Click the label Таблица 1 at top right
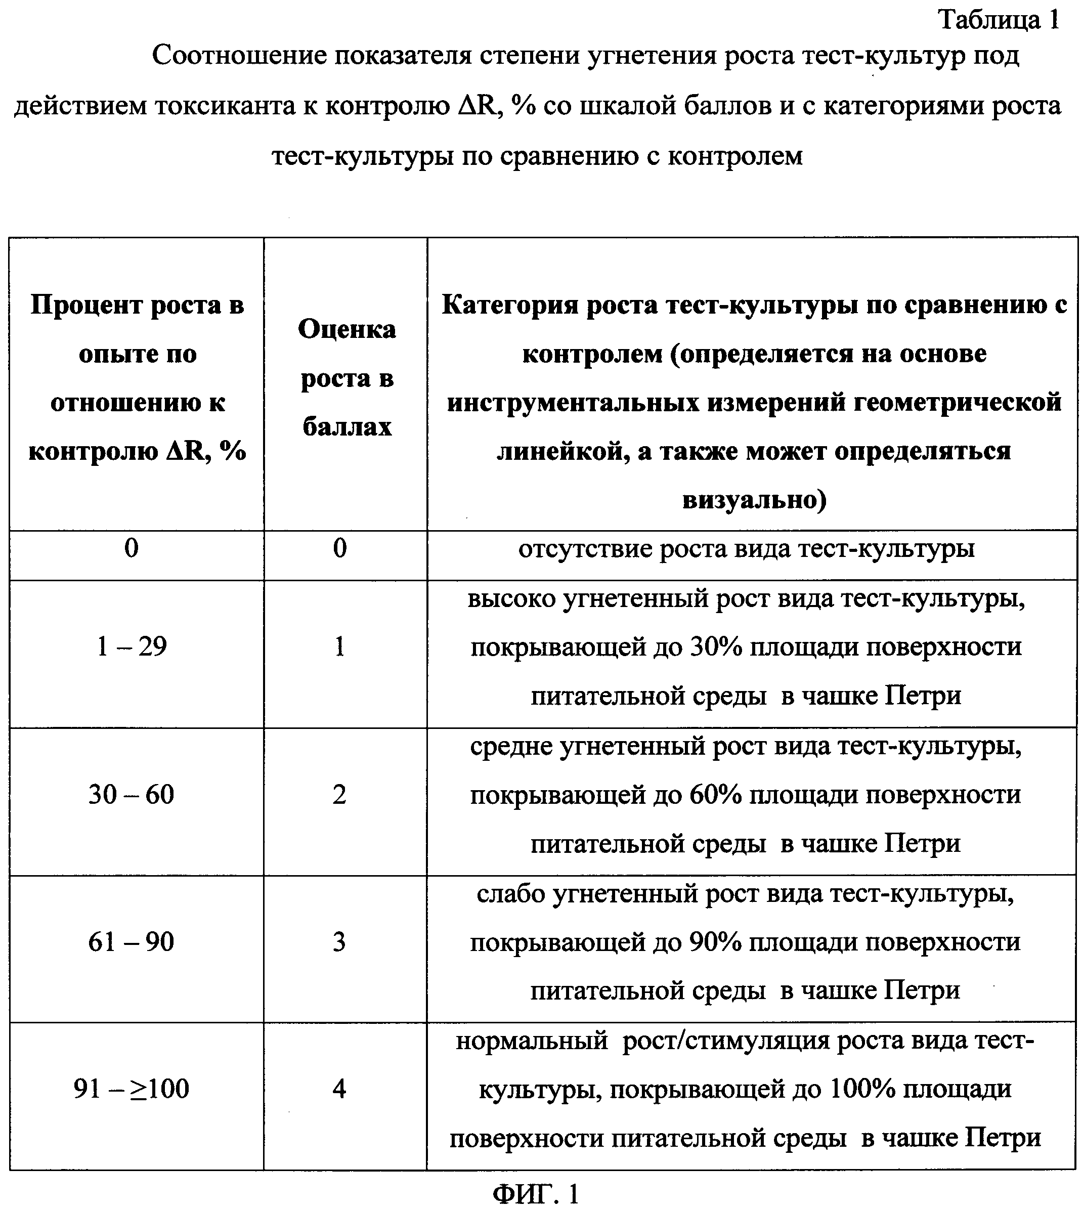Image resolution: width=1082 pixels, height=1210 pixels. (x=999, y=20)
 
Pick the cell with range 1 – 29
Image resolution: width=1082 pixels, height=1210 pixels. (x=132, y=646)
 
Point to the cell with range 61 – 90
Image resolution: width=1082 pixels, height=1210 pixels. (x=132, y=942)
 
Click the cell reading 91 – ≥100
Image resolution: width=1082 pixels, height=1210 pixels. (x=132, y=1089)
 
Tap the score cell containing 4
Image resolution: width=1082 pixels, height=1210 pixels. (x=339, y=1089)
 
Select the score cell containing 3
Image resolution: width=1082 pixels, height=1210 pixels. (x=339, y=942)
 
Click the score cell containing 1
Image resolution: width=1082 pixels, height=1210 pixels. (x=339, y=646)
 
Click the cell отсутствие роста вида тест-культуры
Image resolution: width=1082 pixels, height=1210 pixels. (x=746, y=548)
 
